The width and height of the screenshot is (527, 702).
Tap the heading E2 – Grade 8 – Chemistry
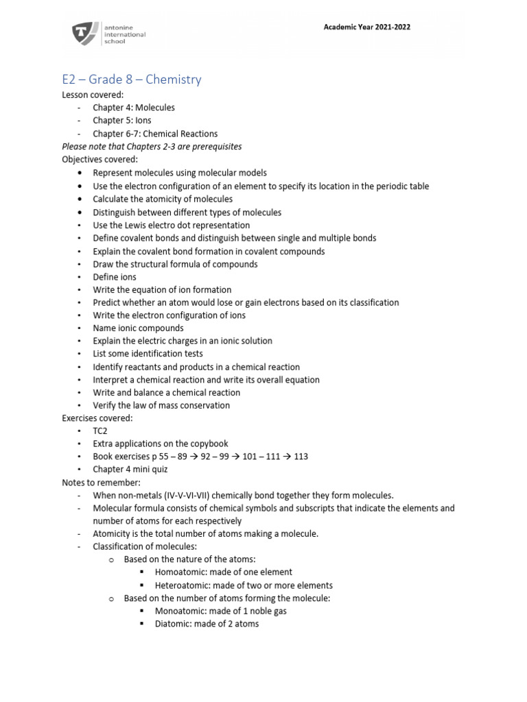pyautogui.click(x=132, y=80)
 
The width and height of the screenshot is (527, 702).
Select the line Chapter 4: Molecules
pyautogui.click(x=134, y=108)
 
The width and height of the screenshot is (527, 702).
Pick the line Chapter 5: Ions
pyautogui.click(x=122, y=121)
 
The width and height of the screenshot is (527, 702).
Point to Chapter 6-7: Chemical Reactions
pyautogui.click(x=155, y=134)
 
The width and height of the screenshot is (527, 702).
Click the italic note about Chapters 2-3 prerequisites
pyautogui.click(x=152, y=147)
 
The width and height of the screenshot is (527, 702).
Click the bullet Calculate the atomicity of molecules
pyautogui.click(x=163, y=199)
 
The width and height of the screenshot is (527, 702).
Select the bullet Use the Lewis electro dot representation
pyautogui.click(x=172, y=225)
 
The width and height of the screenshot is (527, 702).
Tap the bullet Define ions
pyautogui.click(x=115, y=277)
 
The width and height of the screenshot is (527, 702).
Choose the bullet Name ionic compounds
pyautogui.click(x=138, y=328)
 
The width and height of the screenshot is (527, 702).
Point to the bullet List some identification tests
pyautogui.click(x=148, y=354)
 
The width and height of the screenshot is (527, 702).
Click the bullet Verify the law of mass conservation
pyautogui.click(x=161, y=405)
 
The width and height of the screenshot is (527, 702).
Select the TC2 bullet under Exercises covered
pyautogui.click(x=101, y=431)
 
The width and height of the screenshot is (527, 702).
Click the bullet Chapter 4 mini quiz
pyautogui.click(x=130, y=470)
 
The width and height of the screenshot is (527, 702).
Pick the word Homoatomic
pyautogui.click(x=179, y=572)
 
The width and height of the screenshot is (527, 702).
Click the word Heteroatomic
pyautogui.click(x=180, y=585)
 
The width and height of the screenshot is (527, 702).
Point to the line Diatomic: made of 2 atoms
pyautogui.click(x=207, y=624)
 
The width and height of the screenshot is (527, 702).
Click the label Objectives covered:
pyautogui.click(x=100, y=160)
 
